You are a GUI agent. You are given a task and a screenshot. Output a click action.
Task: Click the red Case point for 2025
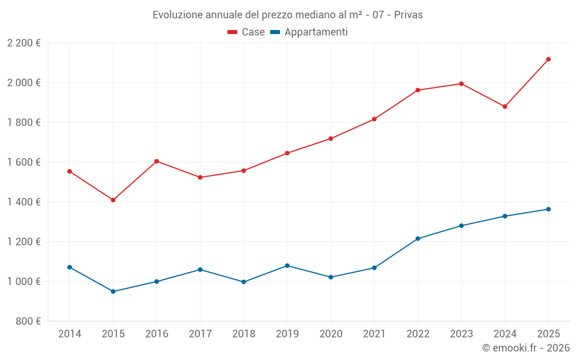(548, 59)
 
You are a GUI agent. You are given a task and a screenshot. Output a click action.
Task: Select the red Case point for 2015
(113, 200)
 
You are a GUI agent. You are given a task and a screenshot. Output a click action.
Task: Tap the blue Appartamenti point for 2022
(418, 238)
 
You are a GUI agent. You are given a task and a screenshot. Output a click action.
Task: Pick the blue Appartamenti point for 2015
(113, 291)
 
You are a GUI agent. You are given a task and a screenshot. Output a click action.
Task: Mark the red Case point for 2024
(505, 107)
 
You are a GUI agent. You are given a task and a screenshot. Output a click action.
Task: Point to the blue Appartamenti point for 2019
(287, 266)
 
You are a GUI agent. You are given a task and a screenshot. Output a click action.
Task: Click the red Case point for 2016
(157, 161)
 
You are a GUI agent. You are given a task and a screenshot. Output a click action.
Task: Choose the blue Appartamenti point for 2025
(548, 209)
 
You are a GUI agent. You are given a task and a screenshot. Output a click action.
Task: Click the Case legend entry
(247, 32)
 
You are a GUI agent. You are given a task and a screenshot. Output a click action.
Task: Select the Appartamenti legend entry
(309, 32)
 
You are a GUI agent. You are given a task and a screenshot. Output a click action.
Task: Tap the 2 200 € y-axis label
(24, 43)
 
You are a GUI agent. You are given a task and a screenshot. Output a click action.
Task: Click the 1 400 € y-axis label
(24, 202)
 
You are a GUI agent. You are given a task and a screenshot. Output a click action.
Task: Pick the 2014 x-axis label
(70, 334)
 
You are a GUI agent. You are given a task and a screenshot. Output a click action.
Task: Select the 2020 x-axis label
(331, 334)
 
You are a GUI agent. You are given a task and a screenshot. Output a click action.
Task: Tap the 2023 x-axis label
(461, 334)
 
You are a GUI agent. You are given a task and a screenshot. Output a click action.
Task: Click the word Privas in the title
(408, 15)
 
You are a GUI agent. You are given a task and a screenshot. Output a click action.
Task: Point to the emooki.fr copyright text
(525, 348)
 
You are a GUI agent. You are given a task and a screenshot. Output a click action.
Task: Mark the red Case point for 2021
(374, 119)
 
